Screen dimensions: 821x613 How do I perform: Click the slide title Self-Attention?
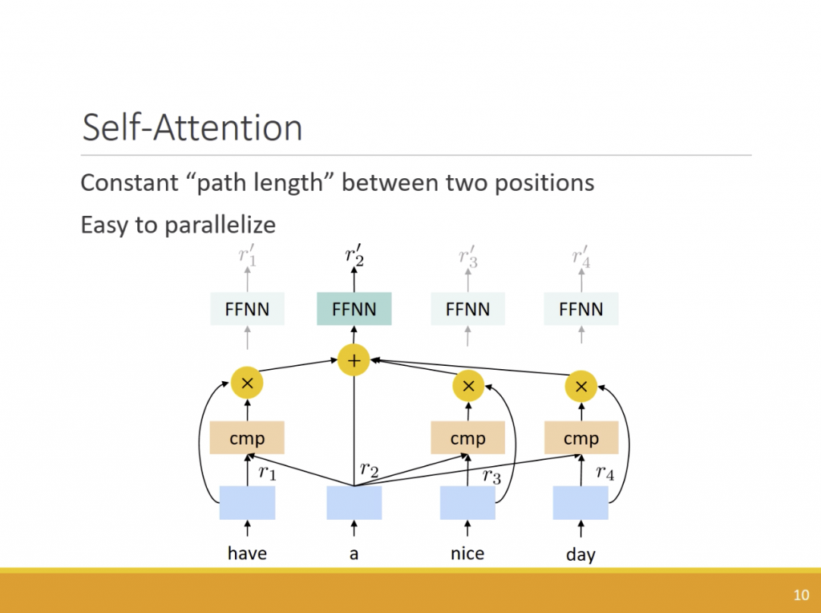[192, 128]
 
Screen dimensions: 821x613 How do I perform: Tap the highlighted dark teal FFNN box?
[354, 309]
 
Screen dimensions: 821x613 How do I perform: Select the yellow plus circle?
[354, 360]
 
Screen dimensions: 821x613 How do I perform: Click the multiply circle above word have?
[247, 384]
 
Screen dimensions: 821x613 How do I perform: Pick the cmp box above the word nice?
[467, 438]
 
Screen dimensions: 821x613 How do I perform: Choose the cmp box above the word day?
[580, 438]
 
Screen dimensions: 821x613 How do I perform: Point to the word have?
[247, 553]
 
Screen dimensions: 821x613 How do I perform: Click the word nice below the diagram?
[467, 553]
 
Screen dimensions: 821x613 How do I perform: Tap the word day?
[580, 554]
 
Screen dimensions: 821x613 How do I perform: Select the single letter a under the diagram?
[354, 554]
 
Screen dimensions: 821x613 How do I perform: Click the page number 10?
[800, 595]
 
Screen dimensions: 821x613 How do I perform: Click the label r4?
[605, 473]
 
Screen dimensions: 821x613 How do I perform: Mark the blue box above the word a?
[354, 502]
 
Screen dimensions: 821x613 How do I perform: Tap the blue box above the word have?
[247, 502]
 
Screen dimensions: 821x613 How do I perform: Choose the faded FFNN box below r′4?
[580, 309]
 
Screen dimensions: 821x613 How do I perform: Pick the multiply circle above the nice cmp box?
[468, 387]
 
